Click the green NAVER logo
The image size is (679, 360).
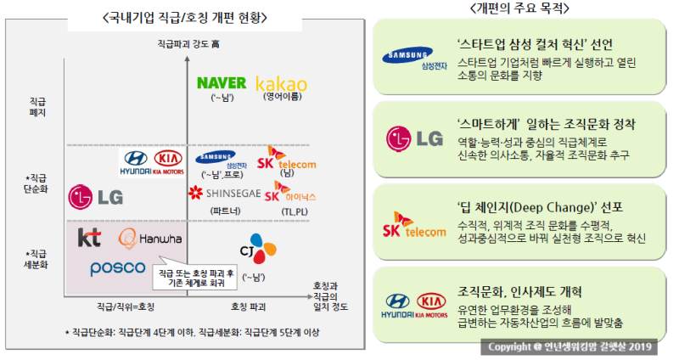(221, 83)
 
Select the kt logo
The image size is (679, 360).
(89, 237)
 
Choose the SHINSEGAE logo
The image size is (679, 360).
(224, 193)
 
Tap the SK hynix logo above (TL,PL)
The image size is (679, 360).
(289, 192)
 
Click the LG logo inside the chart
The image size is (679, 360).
(95, 197)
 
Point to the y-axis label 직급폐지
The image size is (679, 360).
(36, 106)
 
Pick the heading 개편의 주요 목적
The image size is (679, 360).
(519, 8)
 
